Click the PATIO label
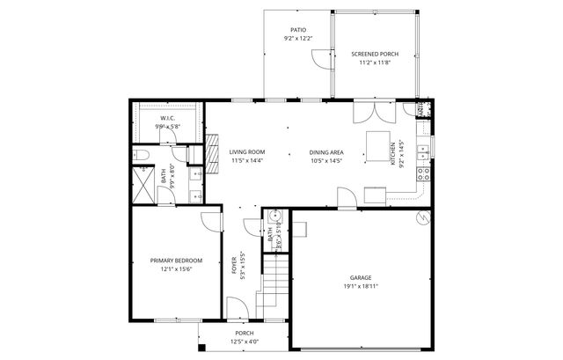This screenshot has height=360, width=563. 298,29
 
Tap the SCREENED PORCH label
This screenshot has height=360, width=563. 374,54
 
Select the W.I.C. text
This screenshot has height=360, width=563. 167,118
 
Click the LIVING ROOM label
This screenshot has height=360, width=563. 247,152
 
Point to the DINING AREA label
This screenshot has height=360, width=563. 326,152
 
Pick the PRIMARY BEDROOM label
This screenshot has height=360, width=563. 176,261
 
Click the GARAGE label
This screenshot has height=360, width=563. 361,276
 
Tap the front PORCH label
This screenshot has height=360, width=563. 244,334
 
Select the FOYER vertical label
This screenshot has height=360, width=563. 234,265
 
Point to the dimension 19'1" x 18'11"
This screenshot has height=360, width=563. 361,286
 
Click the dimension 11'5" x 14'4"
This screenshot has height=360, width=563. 247,161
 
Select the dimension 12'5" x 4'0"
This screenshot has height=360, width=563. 244,342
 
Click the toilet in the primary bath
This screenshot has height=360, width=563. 143,157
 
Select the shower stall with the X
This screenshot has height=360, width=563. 144,187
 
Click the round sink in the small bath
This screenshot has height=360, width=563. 274,215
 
